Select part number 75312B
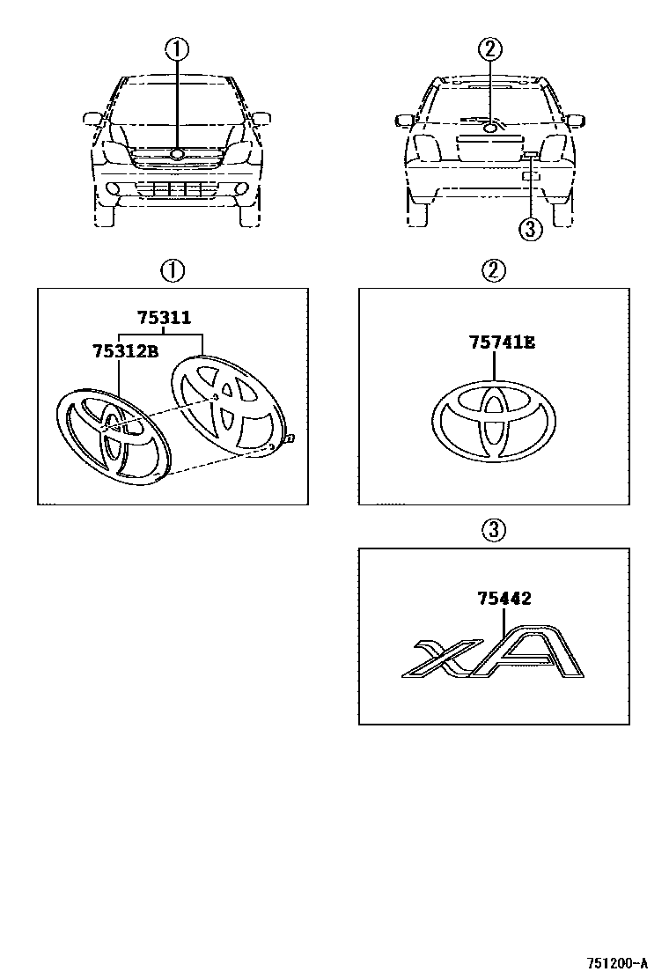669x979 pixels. tap(124, 351)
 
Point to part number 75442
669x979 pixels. tap(504, 599)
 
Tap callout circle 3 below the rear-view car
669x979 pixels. tap(529, 231)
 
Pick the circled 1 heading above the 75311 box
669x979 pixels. tap(173, 270)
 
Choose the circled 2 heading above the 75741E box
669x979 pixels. tap(494, 270)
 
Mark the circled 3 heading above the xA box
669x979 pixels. tap(494, 529)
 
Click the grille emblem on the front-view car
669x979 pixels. tap(177, 155)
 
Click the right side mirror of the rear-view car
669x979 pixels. tap(574, 119)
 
